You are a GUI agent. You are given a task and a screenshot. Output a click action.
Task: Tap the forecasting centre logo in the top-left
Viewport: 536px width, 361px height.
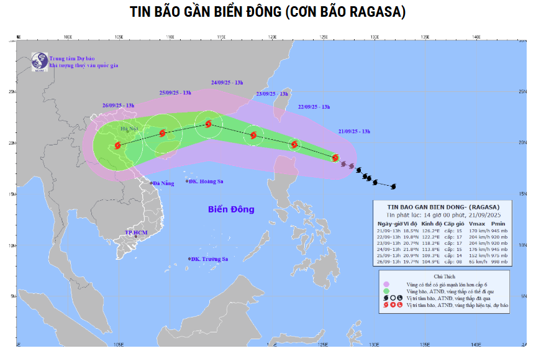pos(39,60)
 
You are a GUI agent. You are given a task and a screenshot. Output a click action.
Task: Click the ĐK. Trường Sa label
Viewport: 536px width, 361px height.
pos(210,258)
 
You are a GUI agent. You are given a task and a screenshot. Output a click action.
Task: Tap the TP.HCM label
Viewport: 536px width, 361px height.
pos(136,233)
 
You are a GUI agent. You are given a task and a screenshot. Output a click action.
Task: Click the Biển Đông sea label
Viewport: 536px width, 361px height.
pos(231,209)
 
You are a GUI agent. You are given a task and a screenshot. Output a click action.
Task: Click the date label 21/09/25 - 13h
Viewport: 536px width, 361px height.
pos(355,131)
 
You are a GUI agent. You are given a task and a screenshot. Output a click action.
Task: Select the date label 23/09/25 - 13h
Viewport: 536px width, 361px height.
pos(272,94)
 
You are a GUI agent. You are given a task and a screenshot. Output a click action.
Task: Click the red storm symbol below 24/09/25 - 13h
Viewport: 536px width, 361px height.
pos(208,124)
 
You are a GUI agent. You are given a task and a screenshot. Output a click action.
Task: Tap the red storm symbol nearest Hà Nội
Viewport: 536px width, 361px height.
pos(117,145)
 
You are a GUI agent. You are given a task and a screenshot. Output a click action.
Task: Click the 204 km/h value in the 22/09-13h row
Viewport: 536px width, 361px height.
pos(475,237)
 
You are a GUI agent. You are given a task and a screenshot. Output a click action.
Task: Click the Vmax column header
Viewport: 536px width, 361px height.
pos(476,223)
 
